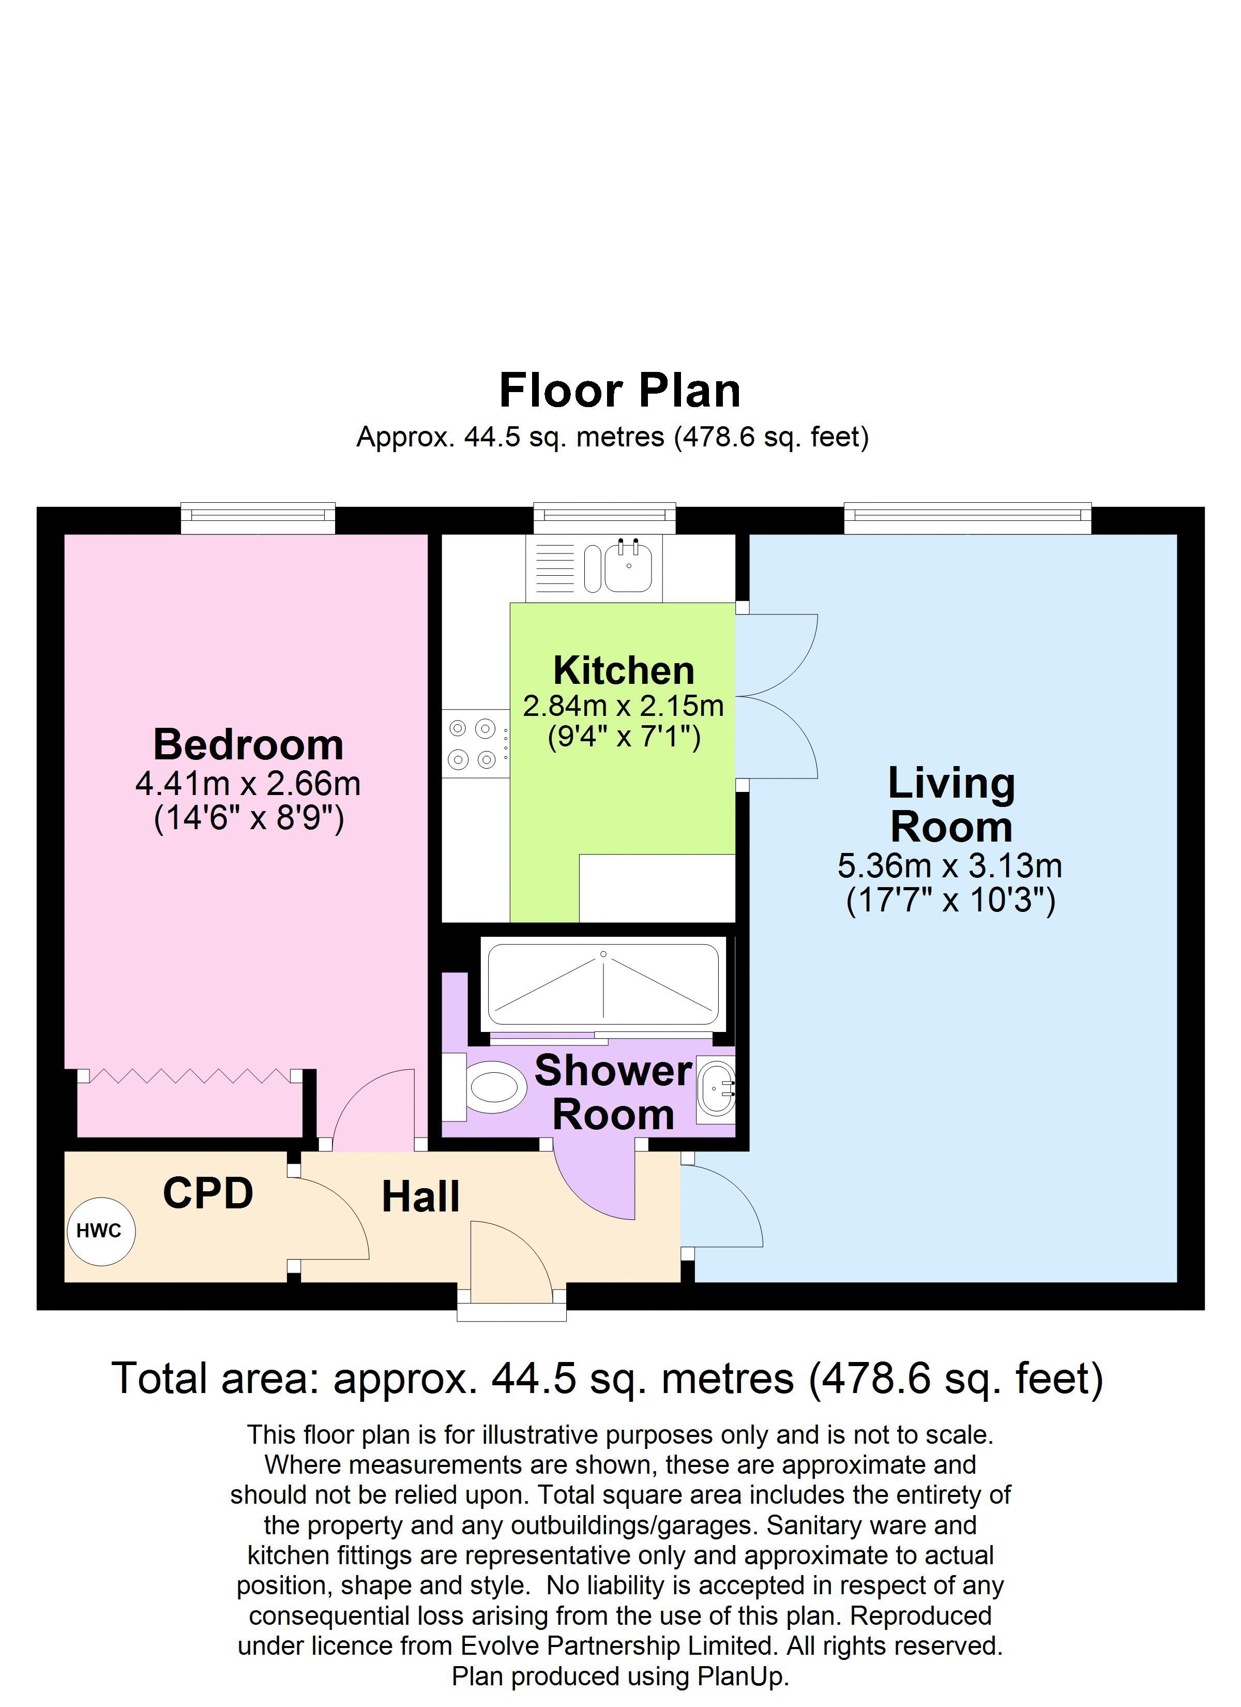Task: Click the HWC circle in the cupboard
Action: tap(101, 1231)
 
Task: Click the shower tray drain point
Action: tap(603, 954)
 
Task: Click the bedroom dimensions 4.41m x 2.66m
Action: tap(248, 784)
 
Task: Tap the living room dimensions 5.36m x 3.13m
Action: tap(950, 865)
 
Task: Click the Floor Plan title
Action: tap(620, 391)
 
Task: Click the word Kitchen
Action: tap(623, 670)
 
